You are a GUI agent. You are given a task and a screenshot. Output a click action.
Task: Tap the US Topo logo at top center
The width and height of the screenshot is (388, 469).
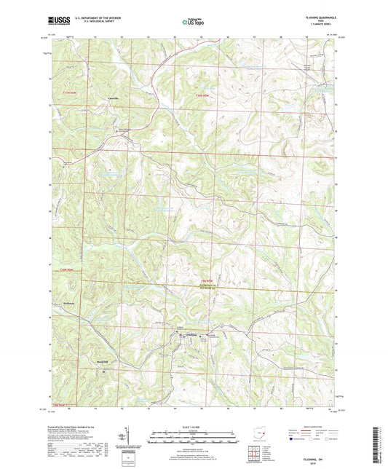tap(192, 23)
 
